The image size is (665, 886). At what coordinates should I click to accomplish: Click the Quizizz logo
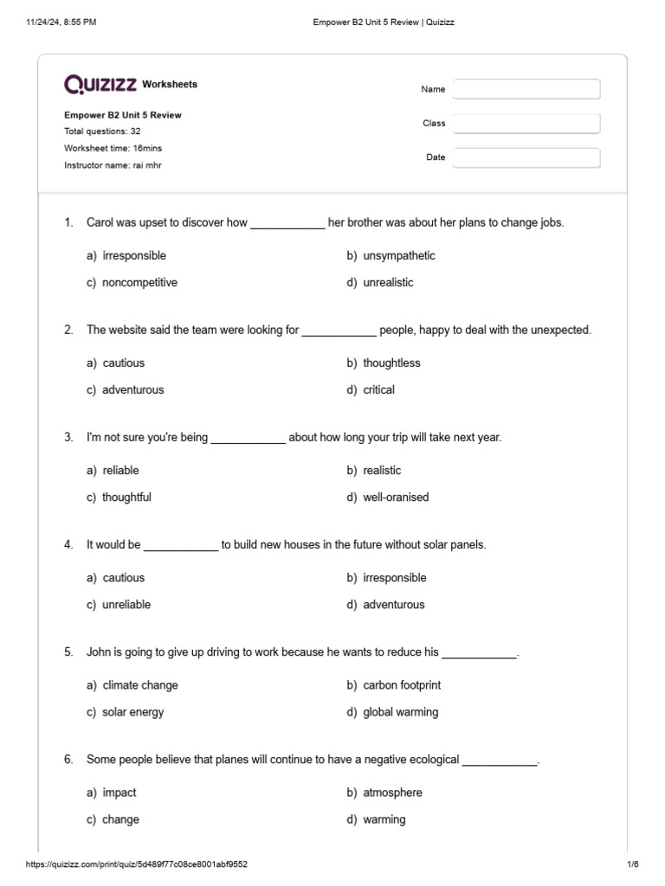[x=100, y=84]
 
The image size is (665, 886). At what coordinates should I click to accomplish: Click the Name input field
[x=526, y=89]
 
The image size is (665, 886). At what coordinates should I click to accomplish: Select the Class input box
[x=526, y=124]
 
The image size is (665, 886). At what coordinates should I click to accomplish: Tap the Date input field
[x=526, y=157]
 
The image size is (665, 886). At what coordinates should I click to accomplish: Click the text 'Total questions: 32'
[x=103, y=132]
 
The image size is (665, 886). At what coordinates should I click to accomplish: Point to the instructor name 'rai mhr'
[x=145, y=164]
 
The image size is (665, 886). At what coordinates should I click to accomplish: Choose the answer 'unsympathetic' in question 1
[x=399, y=256]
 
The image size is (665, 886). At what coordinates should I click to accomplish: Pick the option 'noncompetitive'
[x=139, y=283]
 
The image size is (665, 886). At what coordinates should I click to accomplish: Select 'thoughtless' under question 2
[x=391, y=363]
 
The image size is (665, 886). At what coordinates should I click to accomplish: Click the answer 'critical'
[x=378, y=390]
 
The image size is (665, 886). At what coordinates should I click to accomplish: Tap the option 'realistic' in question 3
[x=382, y=471]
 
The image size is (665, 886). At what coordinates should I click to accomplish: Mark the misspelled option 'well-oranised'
[x=396, y=498]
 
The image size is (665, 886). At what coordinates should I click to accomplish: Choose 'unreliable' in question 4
[x=126, y=605]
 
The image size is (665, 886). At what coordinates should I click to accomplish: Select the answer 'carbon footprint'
[x=402, y=685]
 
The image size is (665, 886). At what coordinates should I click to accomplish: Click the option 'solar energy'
[x=132, y=712]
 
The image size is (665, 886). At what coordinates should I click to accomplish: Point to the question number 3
[x=68, y=438]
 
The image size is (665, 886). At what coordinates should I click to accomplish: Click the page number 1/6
[x=632, y=864]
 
